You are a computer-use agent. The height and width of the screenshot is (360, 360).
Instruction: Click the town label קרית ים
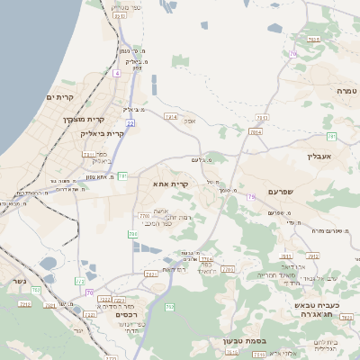[x=58, y=96]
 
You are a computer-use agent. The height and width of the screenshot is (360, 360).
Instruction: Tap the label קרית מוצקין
[x=84, y=118]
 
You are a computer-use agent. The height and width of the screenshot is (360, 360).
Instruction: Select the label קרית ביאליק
[x=82, y=133]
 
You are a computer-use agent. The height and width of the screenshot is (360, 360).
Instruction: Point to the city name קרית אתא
[x=170, y=184]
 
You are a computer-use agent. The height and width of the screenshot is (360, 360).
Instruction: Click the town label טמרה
[x=346, y=91]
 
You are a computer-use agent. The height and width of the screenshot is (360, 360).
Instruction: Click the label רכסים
[x=125, y=315]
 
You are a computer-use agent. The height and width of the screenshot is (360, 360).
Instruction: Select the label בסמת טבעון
[x=250, y=341]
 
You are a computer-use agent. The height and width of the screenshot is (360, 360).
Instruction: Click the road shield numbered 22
[x=130, y=122]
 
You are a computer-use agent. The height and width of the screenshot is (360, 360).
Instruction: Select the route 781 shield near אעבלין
[x=331, y=136]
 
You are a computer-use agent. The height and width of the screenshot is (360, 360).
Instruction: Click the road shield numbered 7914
[x=255, y=131]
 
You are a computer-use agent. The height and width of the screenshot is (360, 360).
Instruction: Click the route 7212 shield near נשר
[x=24, y=304]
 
